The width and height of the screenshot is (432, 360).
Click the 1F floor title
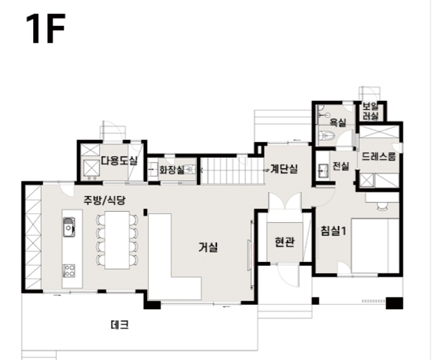[45, 29]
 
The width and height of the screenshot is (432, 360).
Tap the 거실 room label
[208, 247]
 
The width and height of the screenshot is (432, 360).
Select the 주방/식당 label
[105, 200]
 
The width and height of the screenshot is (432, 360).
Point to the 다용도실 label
[119, 160]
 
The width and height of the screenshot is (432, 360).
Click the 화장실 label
[172, 170]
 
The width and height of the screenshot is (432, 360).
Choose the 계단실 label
[284, 169]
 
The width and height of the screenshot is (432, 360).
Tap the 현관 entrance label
[284, 242]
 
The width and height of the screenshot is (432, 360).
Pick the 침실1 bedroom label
[333, 231]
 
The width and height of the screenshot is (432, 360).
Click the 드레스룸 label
[379, 156]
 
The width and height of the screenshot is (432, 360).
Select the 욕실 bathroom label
[338, 122]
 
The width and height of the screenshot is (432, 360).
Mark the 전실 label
[341, 166]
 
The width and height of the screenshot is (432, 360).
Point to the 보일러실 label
[370, 111]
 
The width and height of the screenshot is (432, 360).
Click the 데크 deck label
[120, 325]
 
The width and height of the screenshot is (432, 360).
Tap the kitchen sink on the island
[69, 227]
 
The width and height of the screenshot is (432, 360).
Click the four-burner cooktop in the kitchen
[69, 270]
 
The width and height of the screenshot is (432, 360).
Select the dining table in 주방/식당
[117, 240]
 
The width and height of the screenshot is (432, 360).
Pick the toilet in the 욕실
[327, 136]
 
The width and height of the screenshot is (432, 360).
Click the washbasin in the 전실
[323, 171]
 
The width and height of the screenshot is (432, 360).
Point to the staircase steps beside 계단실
[232, 171]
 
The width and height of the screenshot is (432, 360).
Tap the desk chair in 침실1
[382, 206]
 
